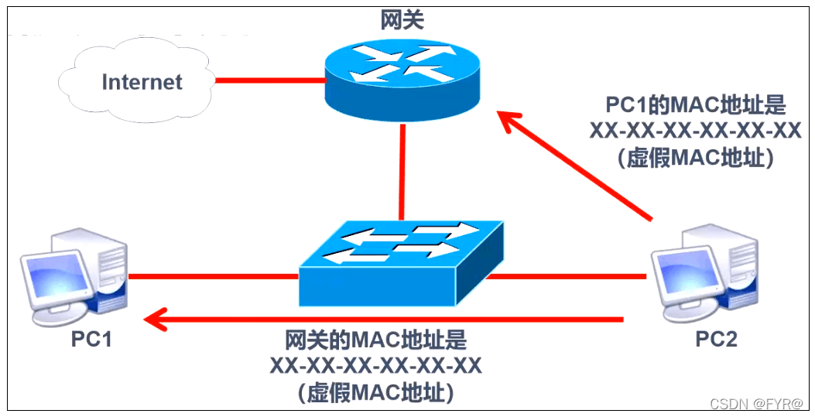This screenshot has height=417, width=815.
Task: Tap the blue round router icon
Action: point(402,77)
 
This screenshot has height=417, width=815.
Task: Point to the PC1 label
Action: point(91,339)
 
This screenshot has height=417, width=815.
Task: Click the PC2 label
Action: point(716,339)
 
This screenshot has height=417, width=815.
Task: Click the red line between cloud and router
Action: point(269,80)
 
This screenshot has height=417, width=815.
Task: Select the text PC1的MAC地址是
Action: point(694,104)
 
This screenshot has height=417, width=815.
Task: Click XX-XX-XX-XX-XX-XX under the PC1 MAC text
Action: point(694,131)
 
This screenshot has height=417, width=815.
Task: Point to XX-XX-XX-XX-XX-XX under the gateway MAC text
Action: point(376,365)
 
